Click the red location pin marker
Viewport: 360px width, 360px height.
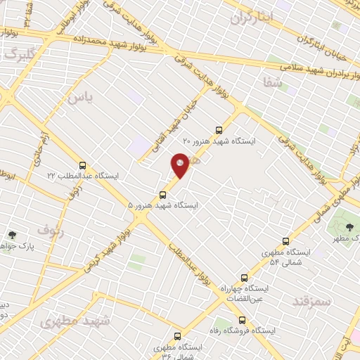(181, 165)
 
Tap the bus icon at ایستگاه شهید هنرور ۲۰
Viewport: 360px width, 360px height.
(219, 130)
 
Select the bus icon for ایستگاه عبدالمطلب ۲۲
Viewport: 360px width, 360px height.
(84, 165)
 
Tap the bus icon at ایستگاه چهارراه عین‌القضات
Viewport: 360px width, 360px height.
(244, 278)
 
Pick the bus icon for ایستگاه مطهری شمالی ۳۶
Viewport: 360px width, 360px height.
(160, 347)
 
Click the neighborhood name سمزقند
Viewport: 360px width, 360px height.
(310, 301)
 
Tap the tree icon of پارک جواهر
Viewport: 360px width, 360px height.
(12, 236)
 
